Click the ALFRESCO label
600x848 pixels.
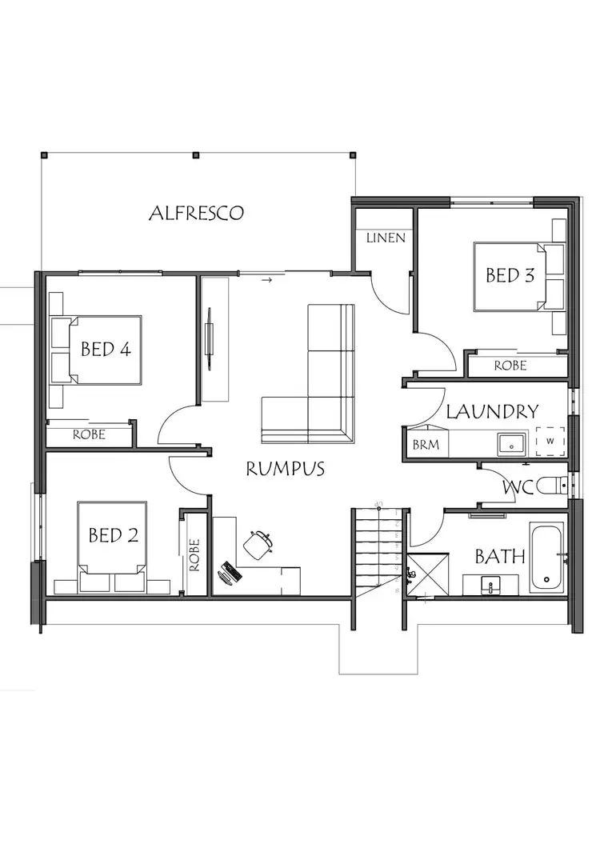196,214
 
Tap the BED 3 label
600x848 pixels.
510,275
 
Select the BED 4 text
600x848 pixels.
106,350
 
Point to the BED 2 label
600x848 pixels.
113,535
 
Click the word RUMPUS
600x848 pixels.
285,469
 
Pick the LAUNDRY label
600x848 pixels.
492,412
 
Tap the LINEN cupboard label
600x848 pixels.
386,238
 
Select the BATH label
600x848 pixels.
500,556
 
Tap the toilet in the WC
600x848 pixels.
552,485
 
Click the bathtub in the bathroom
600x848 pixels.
546,557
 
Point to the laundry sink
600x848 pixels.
510,442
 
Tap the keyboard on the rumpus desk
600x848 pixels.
233,573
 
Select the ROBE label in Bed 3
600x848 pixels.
510,366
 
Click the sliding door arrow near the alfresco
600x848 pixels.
267,280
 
